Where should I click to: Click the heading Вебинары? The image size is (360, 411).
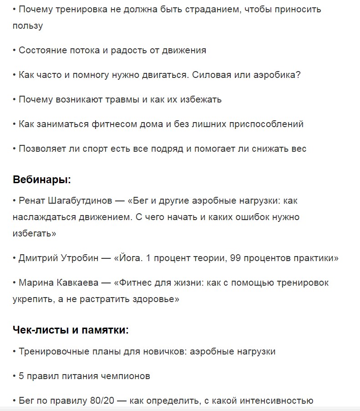(42, 180)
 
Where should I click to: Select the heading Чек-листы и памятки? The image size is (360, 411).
(71, 330)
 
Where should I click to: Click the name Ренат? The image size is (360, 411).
(32, 200)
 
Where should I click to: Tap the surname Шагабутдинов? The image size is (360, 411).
(80, 200)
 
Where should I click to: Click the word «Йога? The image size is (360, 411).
(129, 258)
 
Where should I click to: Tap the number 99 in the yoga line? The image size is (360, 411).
(235, 258)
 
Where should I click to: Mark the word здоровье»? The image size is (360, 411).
(155, 299)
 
